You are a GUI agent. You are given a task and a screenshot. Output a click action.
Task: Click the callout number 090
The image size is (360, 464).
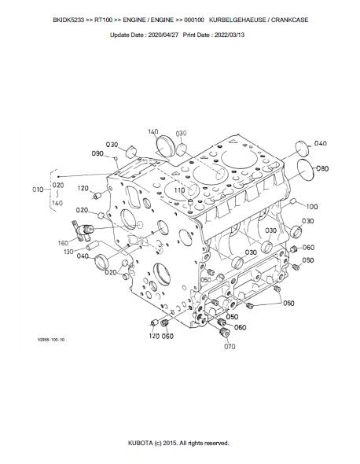(97, 153)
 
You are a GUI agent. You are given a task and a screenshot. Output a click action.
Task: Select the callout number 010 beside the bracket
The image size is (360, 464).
(38, 189)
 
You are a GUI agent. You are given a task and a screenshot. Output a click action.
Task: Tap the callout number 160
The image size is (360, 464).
(63, 243)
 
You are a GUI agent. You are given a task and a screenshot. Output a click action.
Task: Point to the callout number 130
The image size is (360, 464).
(68, 252)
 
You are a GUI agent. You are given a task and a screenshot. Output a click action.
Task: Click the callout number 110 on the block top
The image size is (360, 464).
(179, 190)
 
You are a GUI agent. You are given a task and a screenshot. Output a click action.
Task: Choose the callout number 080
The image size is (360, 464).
(322, 168)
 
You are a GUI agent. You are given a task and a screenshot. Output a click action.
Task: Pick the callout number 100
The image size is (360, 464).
(312, 206)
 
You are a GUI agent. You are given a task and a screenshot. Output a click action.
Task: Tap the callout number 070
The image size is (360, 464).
(230, 346)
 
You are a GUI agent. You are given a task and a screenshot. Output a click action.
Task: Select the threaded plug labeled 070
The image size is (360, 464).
(225, 333)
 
